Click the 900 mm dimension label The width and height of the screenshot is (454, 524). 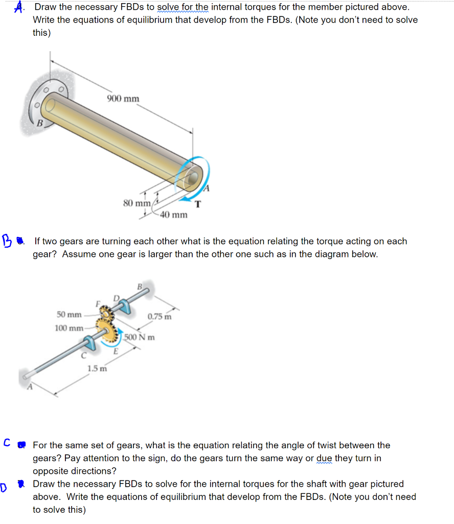tap(123, 99)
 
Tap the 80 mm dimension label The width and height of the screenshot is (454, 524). tap(137, 203)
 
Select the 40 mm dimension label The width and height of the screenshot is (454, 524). tap(174, 214)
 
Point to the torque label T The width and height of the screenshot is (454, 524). tap(198, 204)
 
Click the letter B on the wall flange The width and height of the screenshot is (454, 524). tap(40, 123)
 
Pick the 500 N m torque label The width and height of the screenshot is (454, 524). tap(140, 337)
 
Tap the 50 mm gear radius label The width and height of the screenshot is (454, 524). tap(69, 315)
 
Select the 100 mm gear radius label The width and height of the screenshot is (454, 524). tap(69, 328)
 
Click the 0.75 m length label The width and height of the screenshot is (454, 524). tap(160, 316)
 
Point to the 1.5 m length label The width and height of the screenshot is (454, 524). tap(97, 368)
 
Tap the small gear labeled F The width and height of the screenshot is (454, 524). tap(107, 313)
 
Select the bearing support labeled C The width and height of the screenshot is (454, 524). tap(90, 343)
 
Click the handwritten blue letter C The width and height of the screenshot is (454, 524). tap(7, 443)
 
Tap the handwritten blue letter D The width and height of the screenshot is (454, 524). tap(4, 488)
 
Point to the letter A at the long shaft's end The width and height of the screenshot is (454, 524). tap(30, 387)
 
